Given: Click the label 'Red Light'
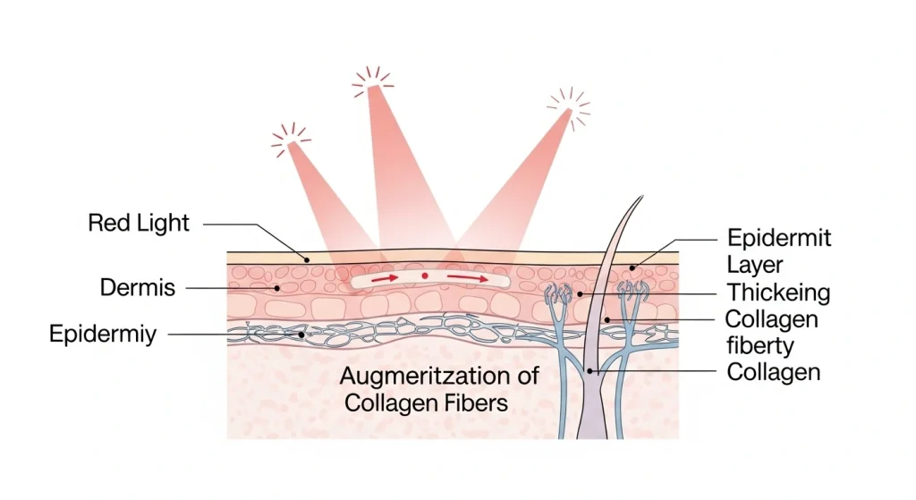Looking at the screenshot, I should click(x=139, y=223).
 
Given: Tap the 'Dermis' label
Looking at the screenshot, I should click(x=138, y=288).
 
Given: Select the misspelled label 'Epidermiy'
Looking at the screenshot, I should click(x=103, y=335).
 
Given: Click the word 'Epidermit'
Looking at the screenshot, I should click(x=779, y=238).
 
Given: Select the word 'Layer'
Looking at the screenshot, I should click(x=755, y=265).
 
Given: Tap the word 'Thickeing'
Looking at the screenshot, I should click(x=778, y=292).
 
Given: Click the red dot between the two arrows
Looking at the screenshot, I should click(x=425, y=276).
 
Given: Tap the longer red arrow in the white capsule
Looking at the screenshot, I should click(x=469, y=278).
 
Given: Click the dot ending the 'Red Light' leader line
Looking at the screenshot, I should click(x=306, y=259).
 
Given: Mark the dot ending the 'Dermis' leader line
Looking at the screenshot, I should click(x=279, y=288).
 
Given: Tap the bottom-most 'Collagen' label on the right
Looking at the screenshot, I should click(x=773, y=371).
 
